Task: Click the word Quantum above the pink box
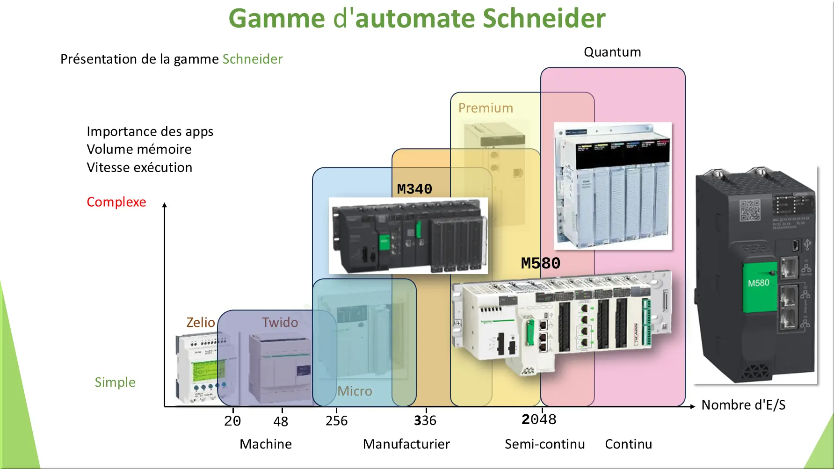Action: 612,52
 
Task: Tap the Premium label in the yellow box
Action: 486,108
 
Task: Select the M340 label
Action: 414,189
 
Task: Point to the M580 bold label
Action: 540,263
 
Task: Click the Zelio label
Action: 200,322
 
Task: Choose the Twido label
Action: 280,322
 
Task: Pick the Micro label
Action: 355,391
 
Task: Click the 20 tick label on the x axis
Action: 232,421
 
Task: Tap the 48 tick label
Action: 281,421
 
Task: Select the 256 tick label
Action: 337,421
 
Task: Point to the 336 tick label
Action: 425,421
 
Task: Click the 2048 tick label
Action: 539,419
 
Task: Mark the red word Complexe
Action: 116,202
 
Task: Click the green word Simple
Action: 115,382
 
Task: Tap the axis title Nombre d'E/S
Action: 743,405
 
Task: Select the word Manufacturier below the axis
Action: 406,444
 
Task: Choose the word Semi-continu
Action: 544,444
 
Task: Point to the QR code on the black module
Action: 749,210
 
